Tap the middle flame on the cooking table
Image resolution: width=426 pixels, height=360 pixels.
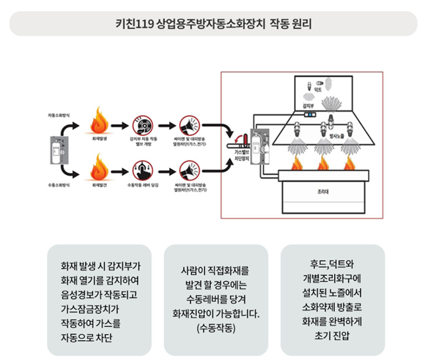(x=323, y=162)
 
